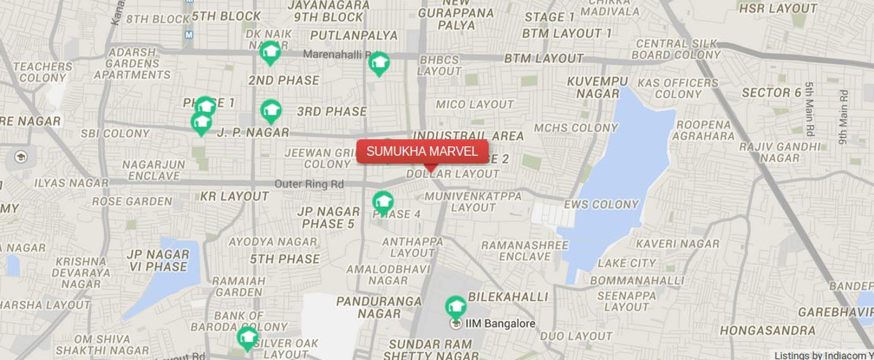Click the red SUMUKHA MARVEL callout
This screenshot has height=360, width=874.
click(422, 151)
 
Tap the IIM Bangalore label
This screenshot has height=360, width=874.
click(500, 324)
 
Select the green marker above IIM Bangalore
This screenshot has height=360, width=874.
click(456, 306)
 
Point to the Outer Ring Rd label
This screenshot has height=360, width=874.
click(309, 185)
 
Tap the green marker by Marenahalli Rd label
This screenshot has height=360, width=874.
click(379, 63)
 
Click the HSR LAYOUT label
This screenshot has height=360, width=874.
click(778, 8)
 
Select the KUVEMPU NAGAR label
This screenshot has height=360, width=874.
click(598, 87)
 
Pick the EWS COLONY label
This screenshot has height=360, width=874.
click(601, 204)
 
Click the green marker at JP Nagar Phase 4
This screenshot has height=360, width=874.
click(382, 202)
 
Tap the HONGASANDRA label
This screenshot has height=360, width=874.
click(767, 331)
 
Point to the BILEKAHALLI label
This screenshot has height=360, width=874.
click(508, 296)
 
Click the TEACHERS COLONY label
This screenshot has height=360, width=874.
click(42, 72)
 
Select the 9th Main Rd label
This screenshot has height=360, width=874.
click(843, 117)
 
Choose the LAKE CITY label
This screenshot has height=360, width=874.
click(626, 263)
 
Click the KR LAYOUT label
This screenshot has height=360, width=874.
click(234, 196)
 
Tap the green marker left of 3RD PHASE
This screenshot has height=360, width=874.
click(271, 110)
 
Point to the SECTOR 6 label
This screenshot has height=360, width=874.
click(771, 92)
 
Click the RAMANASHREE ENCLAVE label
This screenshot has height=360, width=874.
click(525, 251)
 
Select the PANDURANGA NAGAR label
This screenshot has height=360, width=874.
click(379, 308)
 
